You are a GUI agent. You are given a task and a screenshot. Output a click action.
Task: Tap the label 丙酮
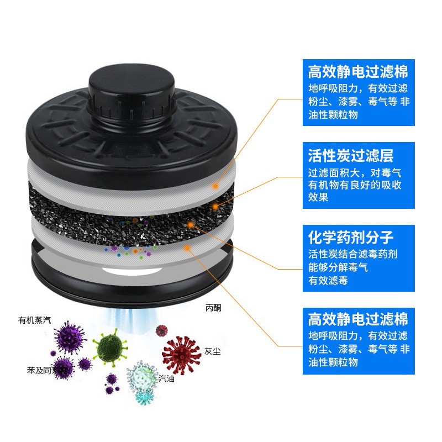click(x=213, y=308)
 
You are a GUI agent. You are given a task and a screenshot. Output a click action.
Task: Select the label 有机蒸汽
click(x=34, y=320)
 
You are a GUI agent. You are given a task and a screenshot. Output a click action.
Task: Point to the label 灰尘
click(x=212, y=351)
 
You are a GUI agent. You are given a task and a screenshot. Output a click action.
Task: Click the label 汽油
click(x=166, y=378)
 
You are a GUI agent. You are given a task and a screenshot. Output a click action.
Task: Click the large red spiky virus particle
click(x=181, y=355)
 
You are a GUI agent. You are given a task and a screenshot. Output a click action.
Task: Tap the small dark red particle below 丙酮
click(x=162, y=330)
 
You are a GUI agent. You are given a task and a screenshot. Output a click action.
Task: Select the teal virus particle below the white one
click(x=145, y=397)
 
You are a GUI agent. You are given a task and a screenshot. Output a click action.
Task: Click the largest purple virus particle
click(x=70, y=338)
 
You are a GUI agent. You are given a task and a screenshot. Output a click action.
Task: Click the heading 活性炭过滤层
click(x=350, y=155)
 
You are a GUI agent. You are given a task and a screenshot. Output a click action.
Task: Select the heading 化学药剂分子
click(x=350, y=238)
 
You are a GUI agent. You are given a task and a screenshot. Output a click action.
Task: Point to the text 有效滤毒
click(x=328, y=281)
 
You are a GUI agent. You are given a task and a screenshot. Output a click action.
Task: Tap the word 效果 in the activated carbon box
click(x=318, y=197)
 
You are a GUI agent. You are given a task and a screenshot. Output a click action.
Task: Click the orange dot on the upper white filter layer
click(x=215, y=186)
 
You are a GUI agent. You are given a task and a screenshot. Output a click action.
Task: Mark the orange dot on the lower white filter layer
click(x=186, y=248)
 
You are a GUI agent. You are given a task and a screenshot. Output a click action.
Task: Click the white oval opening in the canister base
click(x=132, y=271)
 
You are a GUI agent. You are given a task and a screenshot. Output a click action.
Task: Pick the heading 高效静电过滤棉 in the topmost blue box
click(x=357, y=72)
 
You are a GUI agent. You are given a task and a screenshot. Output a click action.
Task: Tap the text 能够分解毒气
click(x=338, y=267)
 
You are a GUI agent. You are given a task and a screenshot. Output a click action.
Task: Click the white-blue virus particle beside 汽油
click(x=141, y=376)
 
